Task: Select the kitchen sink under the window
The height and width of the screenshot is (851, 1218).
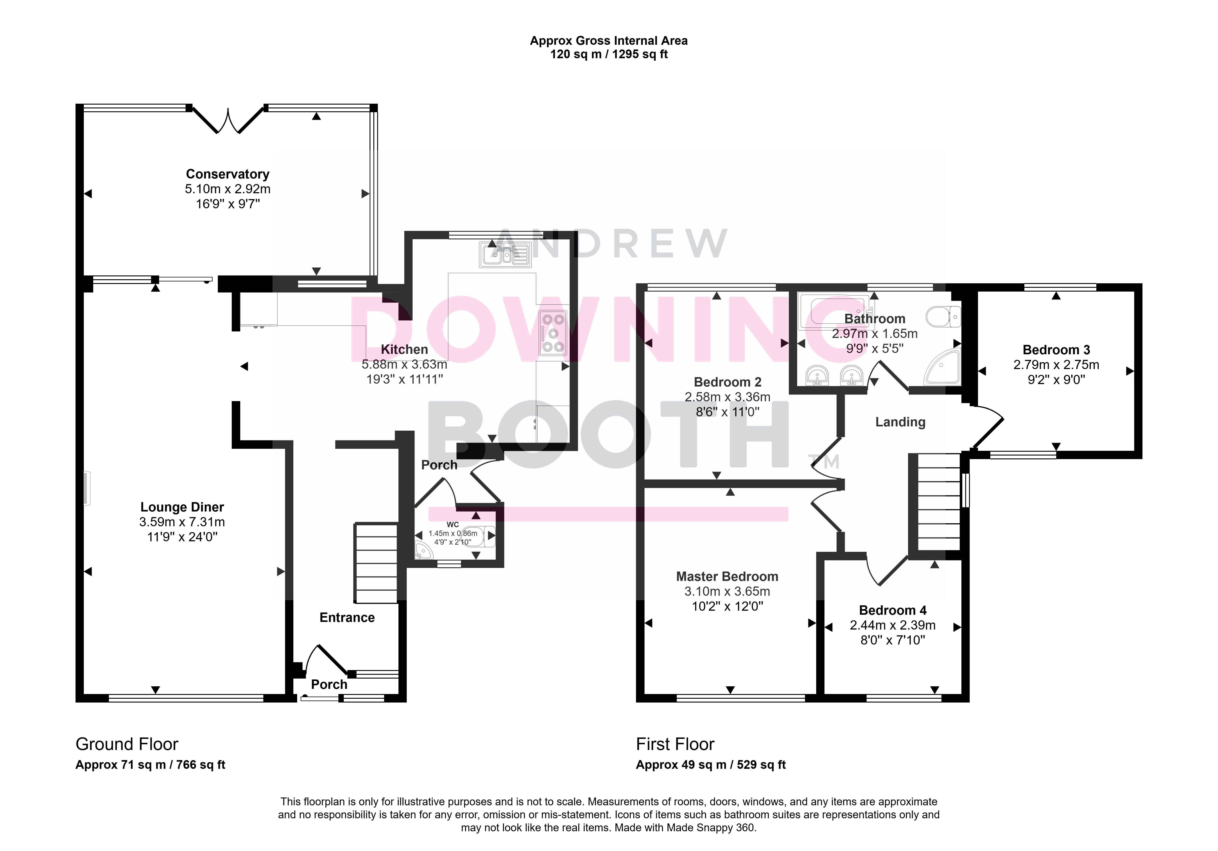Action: (x=505, y=254)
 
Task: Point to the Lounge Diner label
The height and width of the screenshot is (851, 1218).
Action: (x=182, y=507)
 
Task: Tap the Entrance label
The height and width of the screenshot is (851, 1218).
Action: (x=347, y=618)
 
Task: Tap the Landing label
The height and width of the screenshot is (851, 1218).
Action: (x=900, y=422)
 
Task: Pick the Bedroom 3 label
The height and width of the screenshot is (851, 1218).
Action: (x=1056, y=350)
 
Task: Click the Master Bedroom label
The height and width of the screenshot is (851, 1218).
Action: (x=727, y=576)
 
